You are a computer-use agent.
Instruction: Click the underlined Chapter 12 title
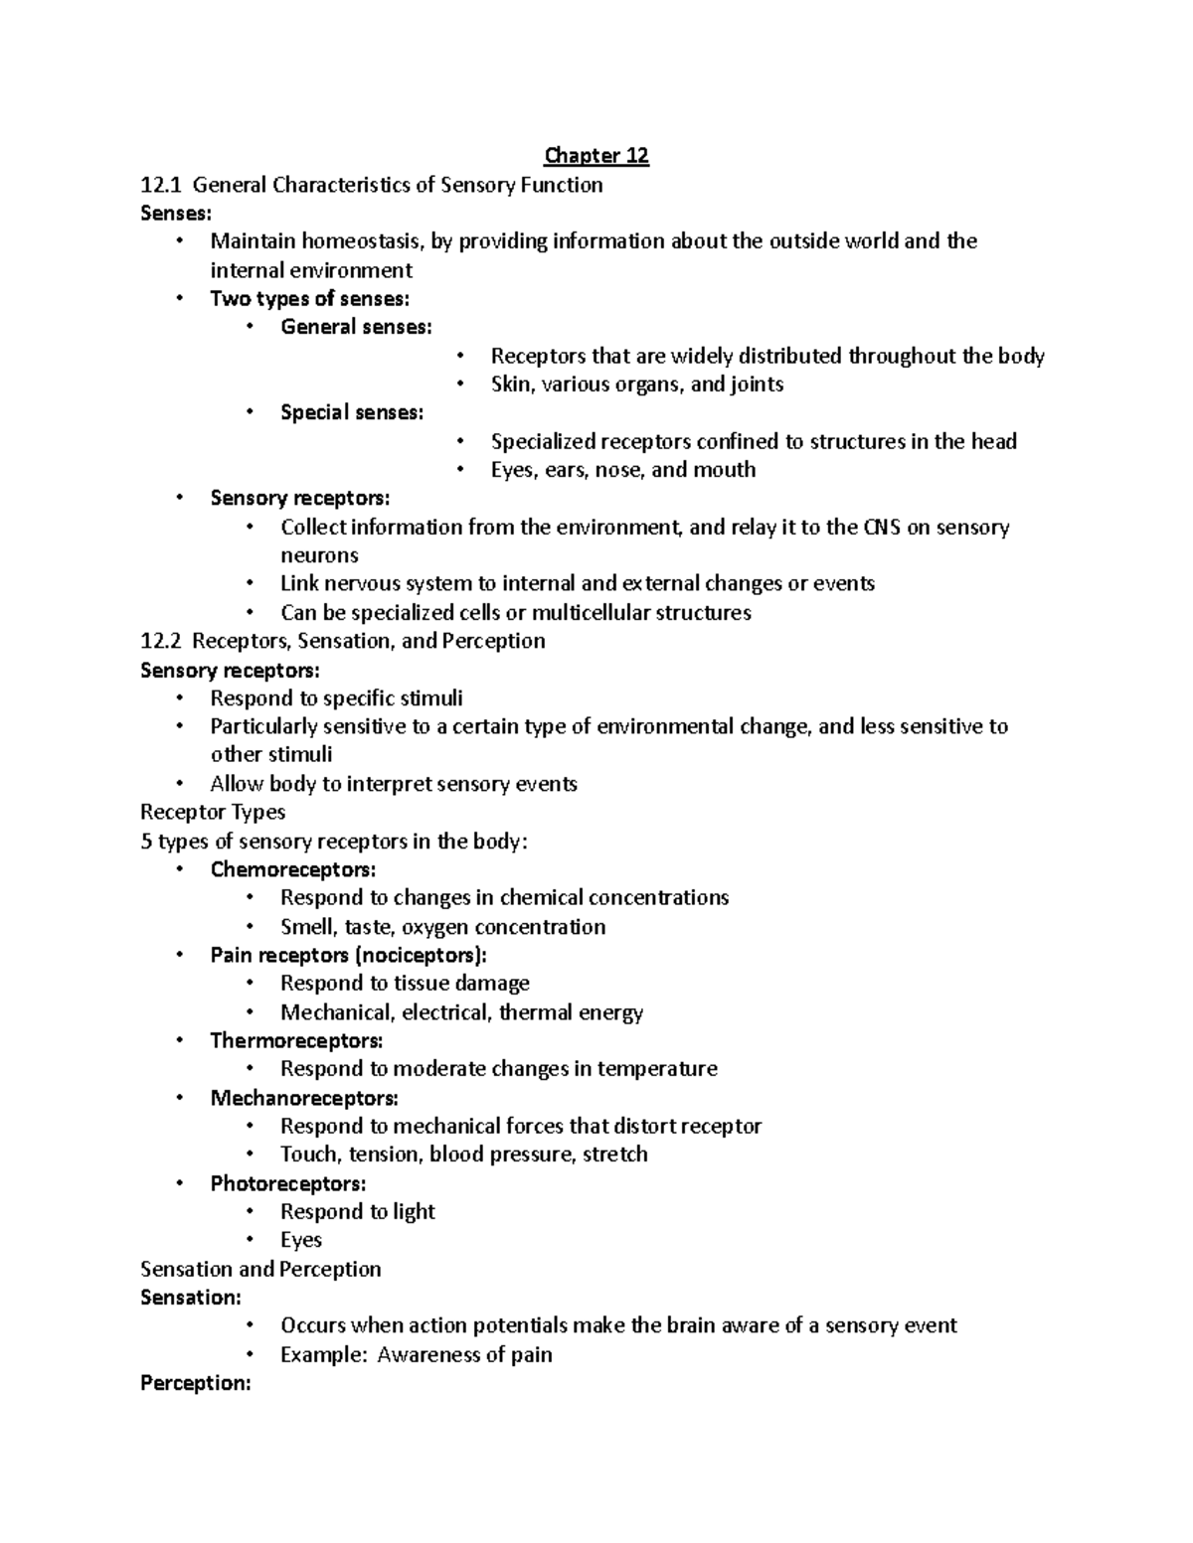click(x=596, y=156)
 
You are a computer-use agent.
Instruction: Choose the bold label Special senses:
click(x=352, y=412)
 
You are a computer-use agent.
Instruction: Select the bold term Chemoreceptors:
click(x=293, y=870)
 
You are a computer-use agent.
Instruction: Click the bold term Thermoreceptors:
click(x=296, y=1041)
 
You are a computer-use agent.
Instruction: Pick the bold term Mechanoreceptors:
click(x=304, y=1099)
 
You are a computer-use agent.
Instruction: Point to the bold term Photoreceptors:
click(x=288, y=1184)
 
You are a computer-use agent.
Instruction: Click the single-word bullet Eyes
click(x=301, y=1240)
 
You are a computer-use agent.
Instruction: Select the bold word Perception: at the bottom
click(x=196, y=1383)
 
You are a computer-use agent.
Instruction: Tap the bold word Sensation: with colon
click(x=191, y=1298)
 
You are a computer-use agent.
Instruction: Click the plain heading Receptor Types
click(x=213, y=812)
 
